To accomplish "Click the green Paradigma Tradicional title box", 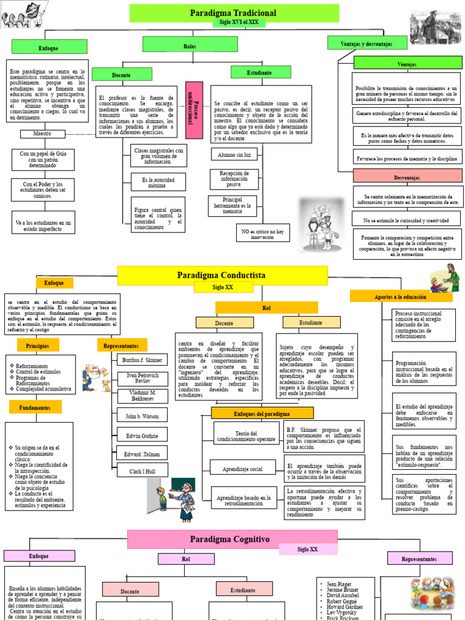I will tap(233, 13).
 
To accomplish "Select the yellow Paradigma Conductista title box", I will tap(222, 275).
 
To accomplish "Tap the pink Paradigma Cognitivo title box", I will tap(230, 539).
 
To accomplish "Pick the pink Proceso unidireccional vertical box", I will tap(194, 110).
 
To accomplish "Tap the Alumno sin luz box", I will tap(234, 155).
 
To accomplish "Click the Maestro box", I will tap(42, 133).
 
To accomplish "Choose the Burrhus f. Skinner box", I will tap(142, 360).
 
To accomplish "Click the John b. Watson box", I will tap(142, 417).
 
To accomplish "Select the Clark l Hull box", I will tap(142, 470).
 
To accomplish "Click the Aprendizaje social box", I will tap(243, 469).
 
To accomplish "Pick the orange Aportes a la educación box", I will tap(401, 297).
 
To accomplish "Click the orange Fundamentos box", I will tap(35, 408).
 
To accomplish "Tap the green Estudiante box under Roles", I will tap(260, 73).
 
